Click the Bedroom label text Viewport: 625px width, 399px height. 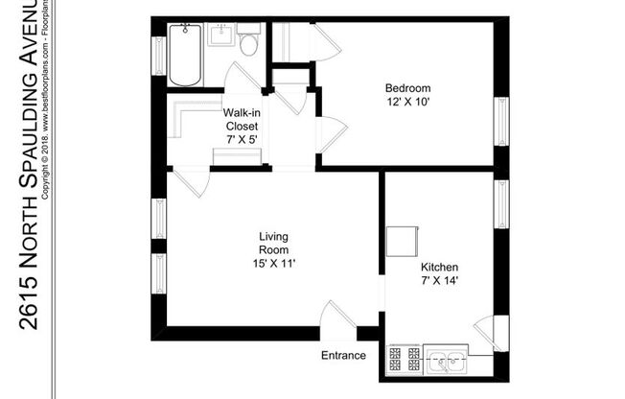[407, 88]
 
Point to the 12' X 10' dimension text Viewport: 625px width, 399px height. [407, 102]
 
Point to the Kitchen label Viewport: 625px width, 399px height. [439, 267]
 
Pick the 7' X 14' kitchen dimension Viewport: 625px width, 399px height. [439, 280]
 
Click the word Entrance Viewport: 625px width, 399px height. [343, 356]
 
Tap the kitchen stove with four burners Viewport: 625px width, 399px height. [404, 359]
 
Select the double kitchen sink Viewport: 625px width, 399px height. [447, 360]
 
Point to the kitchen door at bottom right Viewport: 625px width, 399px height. [487, 331]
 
